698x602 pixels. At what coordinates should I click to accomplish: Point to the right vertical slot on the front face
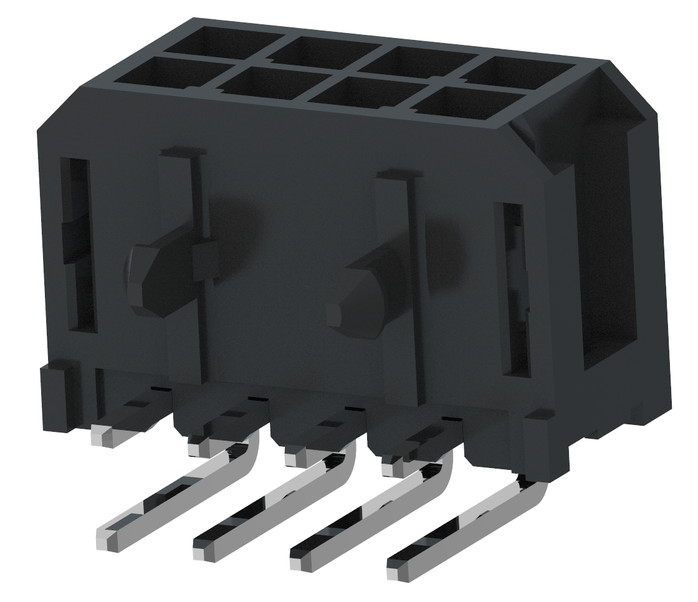click(512, 290)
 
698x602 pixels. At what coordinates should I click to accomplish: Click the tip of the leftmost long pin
click(108, 539)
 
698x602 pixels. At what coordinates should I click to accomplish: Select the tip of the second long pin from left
click(205, 548)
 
